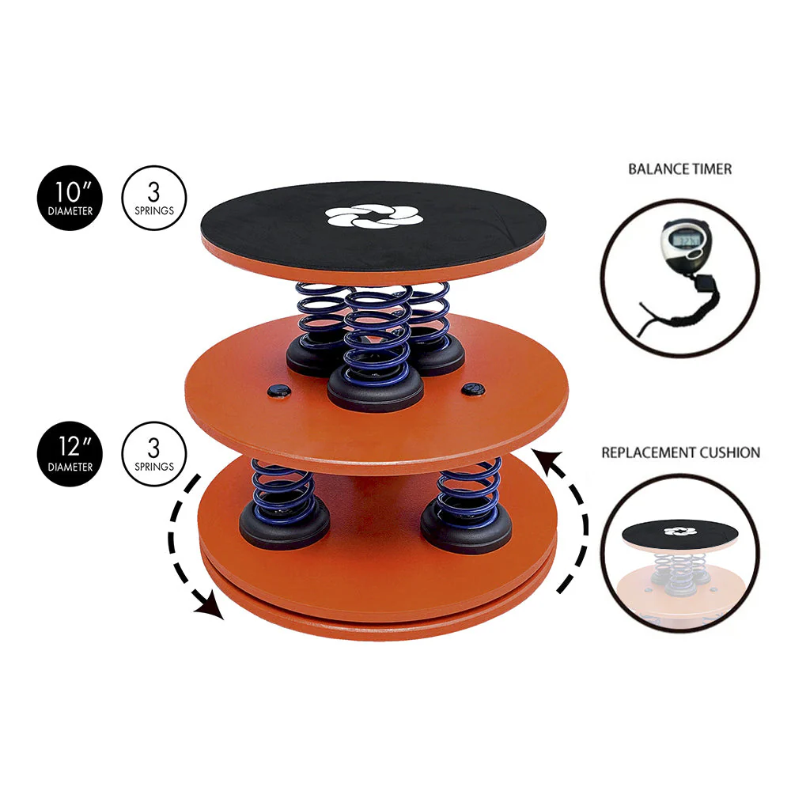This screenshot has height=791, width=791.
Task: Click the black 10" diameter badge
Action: point(70,198)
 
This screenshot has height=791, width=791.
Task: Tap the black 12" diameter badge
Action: point(70,454)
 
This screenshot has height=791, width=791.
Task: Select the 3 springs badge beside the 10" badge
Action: point(154,198)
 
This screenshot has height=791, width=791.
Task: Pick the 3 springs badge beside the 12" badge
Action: point(154,454)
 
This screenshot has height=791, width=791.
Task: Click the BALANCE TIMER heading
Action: point(679,169)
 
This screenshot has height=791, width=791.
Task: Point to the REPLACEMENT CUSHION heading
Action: point(680,452)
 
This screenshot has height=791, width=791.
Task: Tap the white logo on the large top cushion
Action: point(374,216)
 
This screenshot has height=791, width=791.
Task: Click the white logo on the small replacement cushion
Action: point(680,532)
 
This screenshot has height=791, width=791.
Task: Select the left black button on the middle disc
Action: point(279,390)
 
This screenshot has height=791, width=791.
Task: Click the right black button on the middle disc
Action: point(473,388)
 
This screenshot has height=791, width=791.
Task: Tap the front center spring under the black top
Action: point(377,335)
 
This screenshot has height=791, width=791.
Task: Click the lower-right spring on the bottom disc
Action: point(468,493)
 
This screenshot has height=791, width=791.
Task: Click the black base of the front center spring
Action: point(375,391)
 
